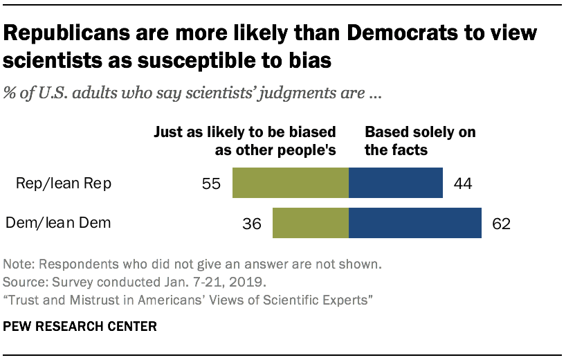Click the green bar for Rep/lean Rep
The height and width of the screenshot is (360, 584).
pos(291,183)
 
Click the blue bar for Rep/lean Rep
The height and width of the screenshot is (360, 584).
pos(396,183)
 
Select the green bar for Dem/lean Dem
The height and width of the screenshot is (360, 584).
pos(311,224)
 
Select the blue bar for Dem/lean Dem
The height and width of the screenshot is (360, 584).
pos(415,224)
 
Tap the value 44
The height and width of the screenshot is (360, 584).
pos(462,183)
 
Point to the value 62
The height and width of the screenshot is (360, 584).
pos(501,224)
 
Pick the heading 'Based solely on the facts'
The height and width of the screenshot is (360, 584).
pos(420,140)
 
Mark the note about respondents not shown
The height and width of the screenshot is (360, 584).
pos(192,264)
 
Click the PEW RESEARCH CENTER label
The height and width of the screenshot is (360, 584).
pos(79,325)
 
